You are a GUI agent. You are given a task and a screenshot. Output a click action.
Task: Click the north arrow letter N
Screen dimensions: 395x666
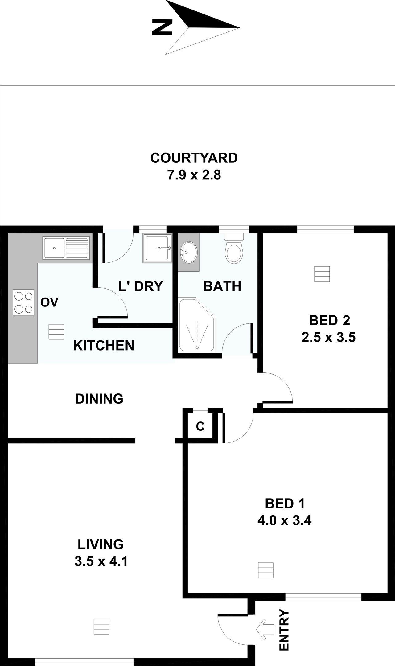point(162,27)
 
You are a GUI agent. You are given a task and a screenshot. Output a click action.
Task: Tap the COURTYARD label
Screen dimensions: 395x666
point(194,158)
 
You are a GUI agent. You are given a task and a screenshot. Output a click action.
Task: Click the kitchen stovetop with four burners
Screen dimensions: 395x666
point(23,302)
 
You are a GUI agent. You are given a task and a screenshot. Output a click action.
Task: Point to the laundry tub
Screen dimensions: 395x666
point(158,248)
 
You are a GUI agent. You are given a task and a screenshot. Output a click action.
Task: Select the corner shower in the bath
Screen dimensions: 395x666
point(197,325)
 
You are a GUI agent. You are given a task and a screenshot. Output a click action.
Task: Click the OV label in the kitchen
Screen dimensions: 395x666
point(49,302)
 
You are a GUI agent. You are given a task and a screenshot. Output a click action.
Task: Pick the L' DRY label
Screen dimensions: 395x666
point(140,286)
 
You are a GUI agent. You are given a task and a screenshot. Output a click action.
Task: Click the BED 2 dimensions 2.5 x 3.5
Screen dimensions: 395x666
point(329,337)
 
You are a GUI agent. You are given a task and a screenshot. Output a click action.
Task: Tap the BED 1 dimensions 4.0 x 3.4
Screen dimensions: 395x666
point(284,520)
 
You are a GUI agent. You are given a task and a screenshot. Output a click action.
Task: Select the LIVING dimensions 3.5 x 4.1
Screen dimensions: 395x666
point(101,561)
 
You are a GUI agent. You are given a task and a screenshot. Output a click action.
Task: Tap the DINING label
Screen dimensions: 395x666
point(99,399)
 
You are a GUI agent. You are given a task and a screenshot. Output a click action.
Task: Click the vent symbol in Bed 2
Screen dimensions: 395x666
point(322,274)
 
